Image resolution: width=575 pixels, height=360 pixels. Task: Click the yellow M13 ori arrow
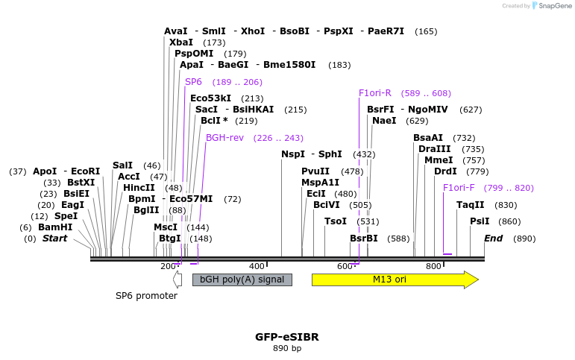point(395,280)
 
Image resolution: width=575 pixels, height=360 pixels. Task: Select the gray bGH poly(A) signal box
point(242,280)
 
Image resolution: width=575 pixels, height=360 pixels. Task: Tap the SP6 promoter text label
point(146,296)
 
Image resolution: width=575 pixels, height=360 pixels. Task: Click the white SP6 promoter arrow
point(177,280)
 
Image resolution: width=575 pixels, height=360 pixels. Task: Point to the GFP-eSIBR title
point(287,337)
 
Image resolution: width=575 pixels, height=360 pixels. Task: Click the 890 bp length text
point(287,348)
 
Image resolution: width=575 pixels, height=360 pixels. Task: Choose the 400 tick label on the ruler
point(257,266)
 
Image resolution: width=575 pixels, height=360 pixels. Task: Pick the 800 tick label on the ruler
point(433,266)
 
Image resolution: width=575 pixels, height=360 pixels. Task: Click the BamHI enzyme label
point(55,227)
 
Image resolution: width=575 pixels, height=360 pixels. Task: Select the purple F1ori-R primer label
point(374,93)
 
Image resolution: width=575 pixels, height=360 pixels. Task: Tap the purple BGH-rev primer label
point(224,138)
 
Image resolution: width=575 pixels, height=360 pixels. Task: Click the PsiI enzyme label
point(480,221)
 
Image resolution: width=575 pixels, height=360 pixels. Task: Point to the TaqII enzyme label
point(470,205)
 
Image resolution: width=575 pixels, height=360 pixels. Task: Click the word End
point(493,239)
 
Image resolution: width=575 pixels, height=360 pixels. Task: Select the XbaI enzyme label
point(180,42)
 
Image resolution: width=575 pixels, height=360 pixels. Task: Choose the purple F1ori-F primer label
point(459,188)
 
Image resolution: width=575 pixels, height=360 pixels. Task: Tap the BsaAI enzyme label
point(428,138)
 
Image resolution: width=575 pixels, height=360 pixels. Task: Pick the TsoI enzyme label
point(336,221)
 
